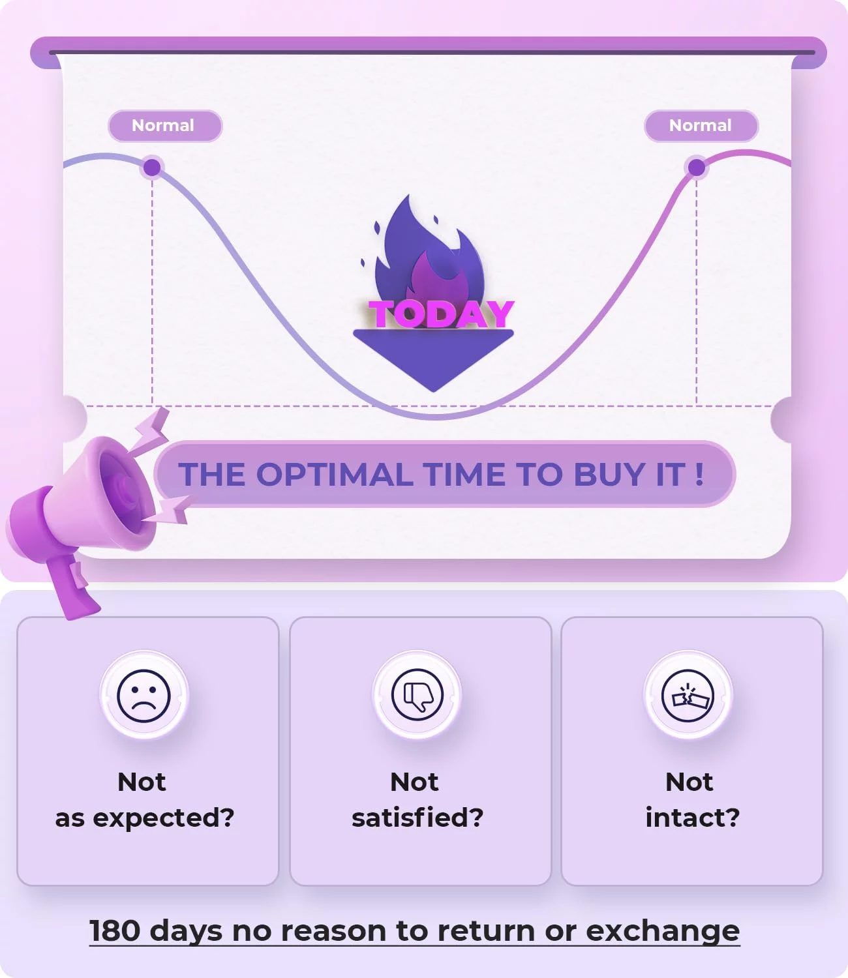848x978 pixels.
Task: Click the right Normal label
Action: pos(701,126)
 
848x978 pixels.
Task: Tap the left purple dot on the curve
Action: pos(152,167)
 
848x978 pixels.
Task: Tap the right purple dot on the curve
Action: pos(696,167)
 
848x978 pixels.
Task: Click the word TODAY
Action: pos(441,314)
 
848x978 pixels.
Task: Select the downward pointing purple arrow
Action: pos(433,361)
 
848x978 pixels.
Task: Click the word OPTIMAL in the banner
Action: pos(334,475)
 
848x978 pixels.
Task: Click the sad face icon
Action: pos(144,696)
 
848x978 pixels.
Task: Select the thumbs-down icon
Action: pos(417,695)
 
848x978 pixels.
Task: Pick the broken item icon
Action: pos(688,696)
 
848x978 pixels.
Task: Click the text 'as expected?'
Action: pos(145,818)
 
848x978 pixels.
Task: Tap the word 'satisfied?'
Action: pos(417,817)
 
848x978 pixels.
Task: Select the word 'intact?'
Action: pos(692,817)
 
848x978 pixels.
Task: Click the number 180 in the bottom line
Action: pos(115,930)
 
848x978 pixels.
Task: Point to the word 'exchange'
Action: pos(663,932)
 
